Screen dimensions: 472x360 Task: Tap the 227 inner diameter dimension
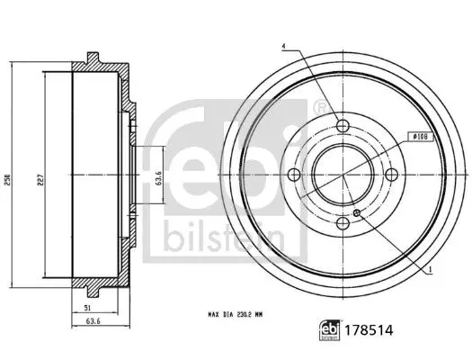click(40, 180)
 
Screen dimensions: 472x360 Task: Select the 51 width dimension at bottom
click(87, 308)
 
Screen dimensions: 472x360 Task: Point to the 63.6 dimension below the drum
click(93, 321)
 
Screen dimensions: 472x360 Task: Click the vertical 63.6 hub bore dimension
click(159, 177)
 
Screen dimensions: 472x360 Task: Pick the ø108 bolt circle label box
click(421, 137)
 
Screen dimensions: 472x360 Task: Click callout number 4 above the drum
click(283, 47)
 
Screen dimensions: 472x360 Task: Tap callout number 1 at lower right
click(430, 270)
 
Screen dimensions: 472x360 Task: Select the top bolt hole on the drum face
click(343, 125)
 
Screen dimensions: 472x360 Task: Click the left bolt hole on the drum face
click(294, 175)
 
